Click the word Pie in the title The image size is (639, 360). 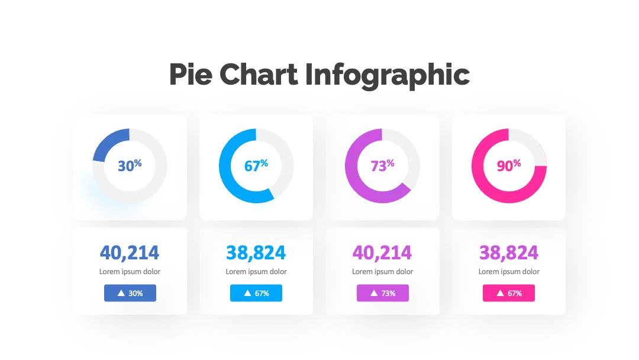click(191, 75)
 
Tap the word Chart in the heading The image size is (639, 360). click(259, 74)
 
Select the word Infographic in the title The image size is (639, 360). click(387, 75)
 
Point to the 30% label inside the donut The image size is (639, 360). click(130, 165)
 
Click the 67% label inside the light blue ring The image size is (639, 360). click(256, 165)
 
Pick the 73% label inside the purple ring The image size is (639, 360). click(382, 165)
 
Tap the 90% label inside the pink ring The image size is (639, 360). click(509, 165)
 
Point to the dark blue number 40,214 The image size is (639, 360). click(130, 253)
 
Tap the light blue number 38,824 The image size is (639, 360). click(256, 253)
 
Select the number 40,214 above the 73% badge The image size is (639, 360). click(382, 253)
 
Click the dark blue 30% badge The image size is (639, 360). click(130, 293)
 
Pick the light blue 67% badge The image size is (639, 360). click(256, 293)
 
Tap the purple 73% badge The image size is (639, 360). click(383, 293)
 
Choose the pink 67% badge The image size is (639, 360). click(509, 293)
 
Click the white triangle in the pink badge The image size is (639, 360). click(500, 292)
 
